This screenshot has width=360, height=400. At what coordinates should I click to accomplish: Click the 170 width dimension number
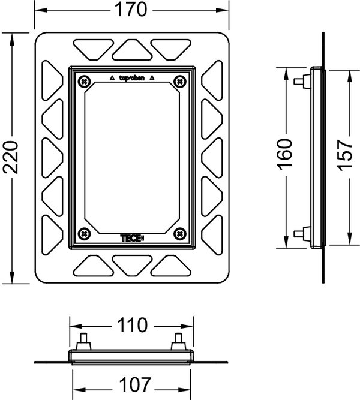[132, 11]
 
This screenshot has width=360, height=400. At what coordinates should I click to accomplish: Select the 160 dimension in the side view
[285, 157]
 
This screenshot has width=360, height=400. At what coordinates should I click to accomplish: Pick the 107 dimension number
[133, 383]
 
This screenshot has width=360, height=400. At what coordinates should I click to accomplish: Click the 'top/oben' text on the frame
[131, 77]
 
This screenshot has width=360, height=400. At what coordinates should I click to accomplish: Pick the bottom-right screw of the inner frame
[178, 233]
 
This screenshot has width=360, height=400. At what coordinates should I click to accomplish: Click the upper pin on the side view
[299, 81]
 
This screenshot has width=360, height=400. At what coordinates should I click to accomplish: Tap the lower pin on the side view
[299, 233]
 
